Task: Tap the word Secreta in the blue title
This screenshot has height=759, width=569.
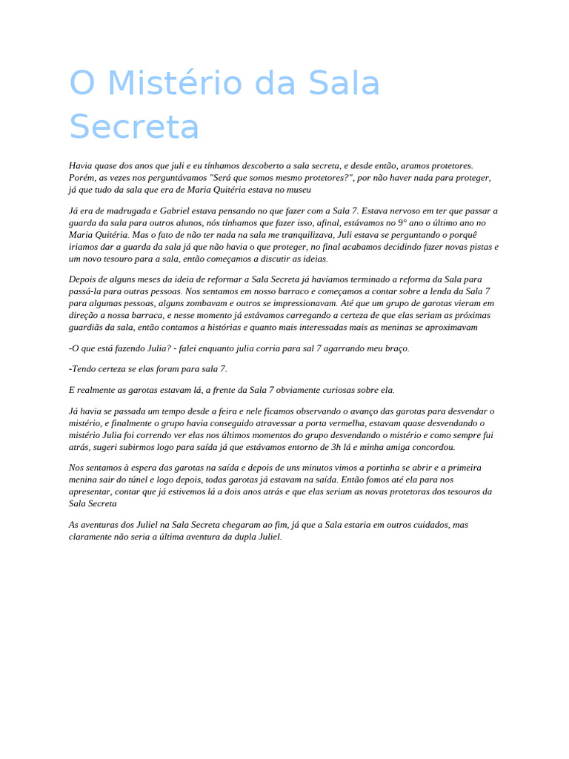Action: point(134,127)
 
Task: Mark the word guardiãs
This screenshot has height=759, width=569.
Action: point(87,328)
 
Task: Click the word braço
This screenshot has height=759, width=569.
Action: point(396,348)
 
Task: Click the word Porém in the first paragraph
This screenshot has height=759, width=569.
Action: point(82,178)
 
